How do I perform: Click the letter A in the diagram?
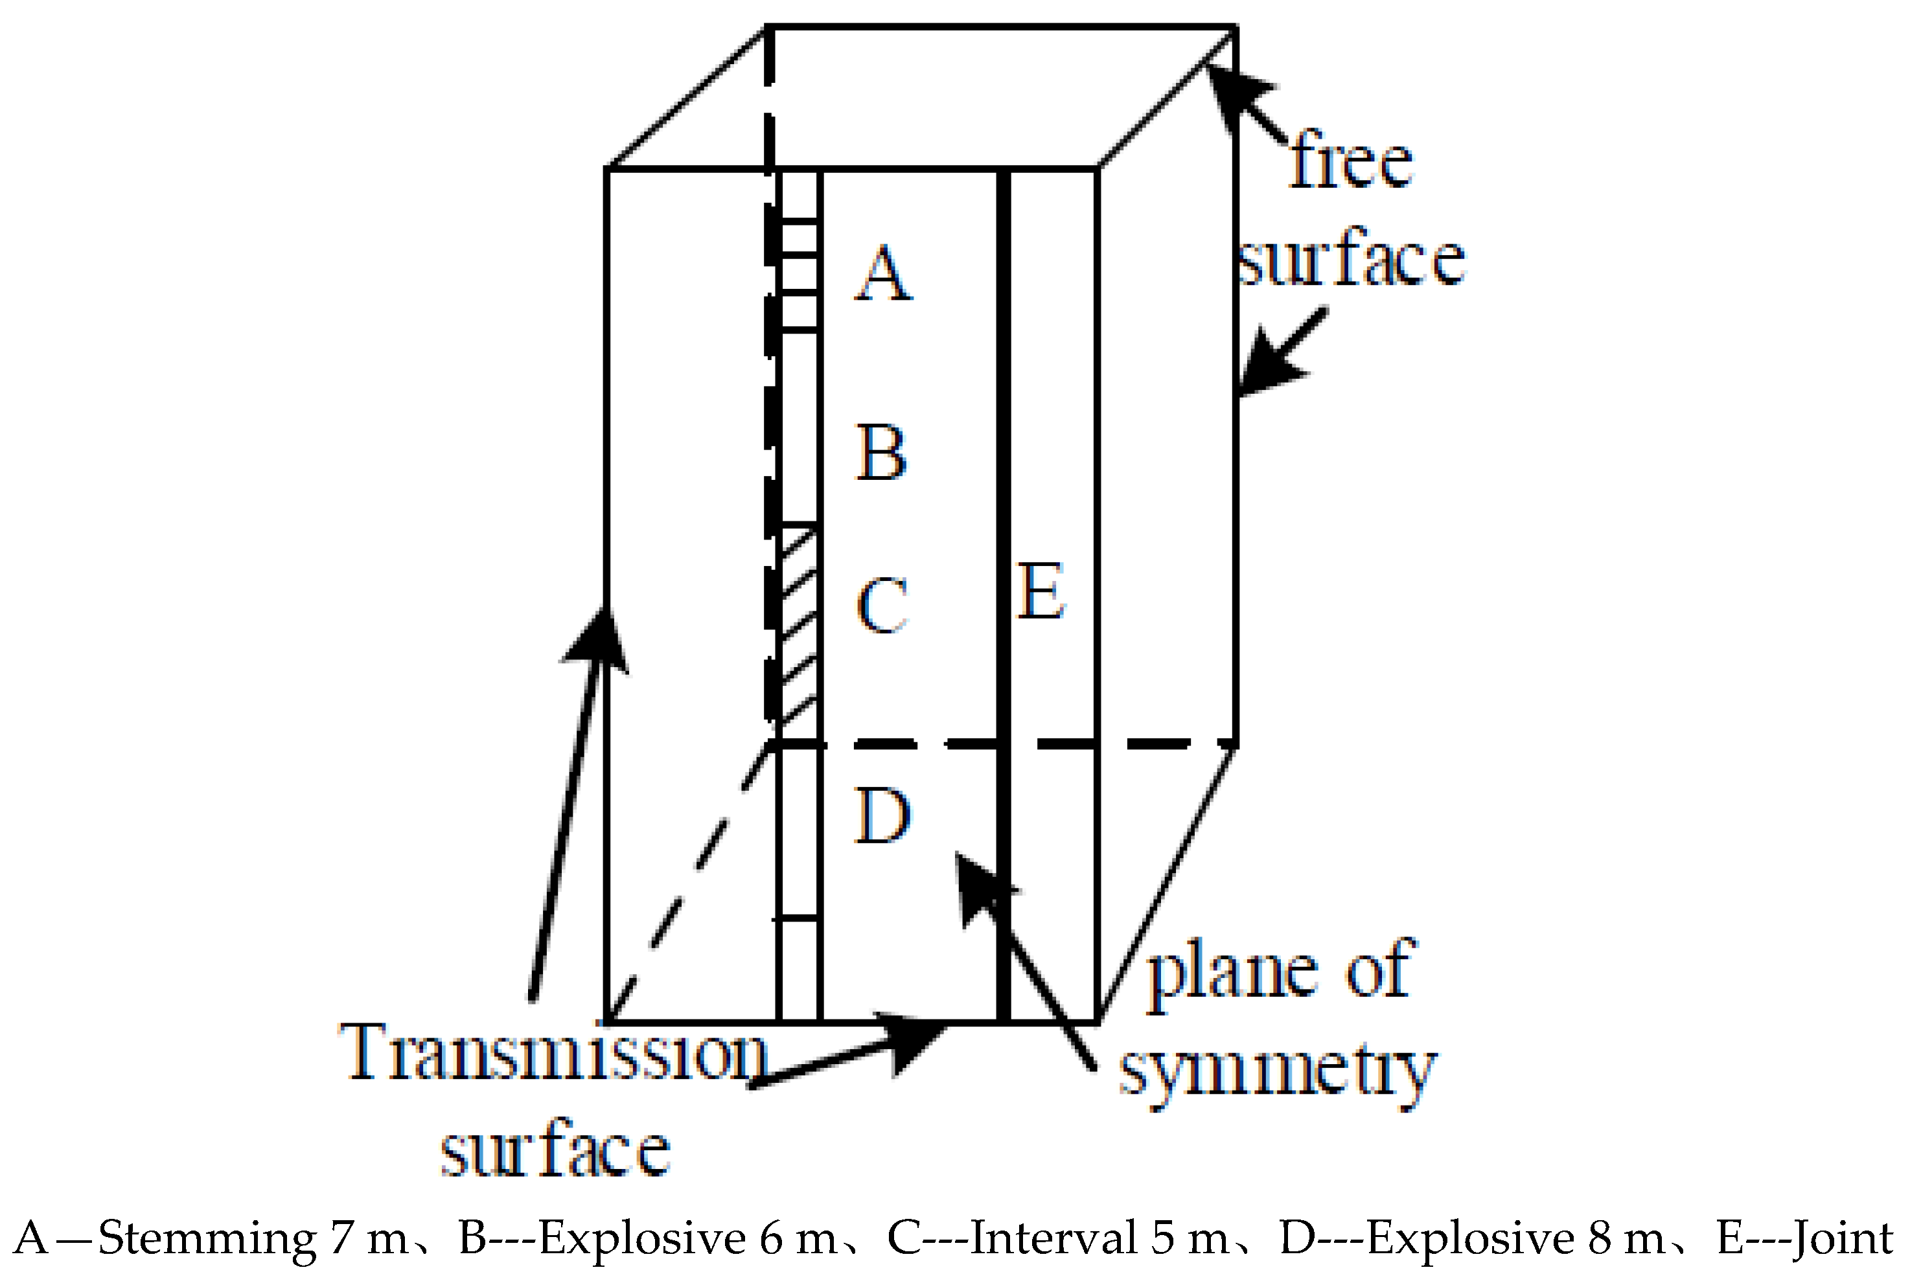(884, 273)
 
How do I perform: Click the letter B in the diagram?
(881, 453)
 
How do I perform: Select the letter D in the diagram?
(882, 816)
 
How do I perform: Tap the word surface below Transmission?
(556, 1150)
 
